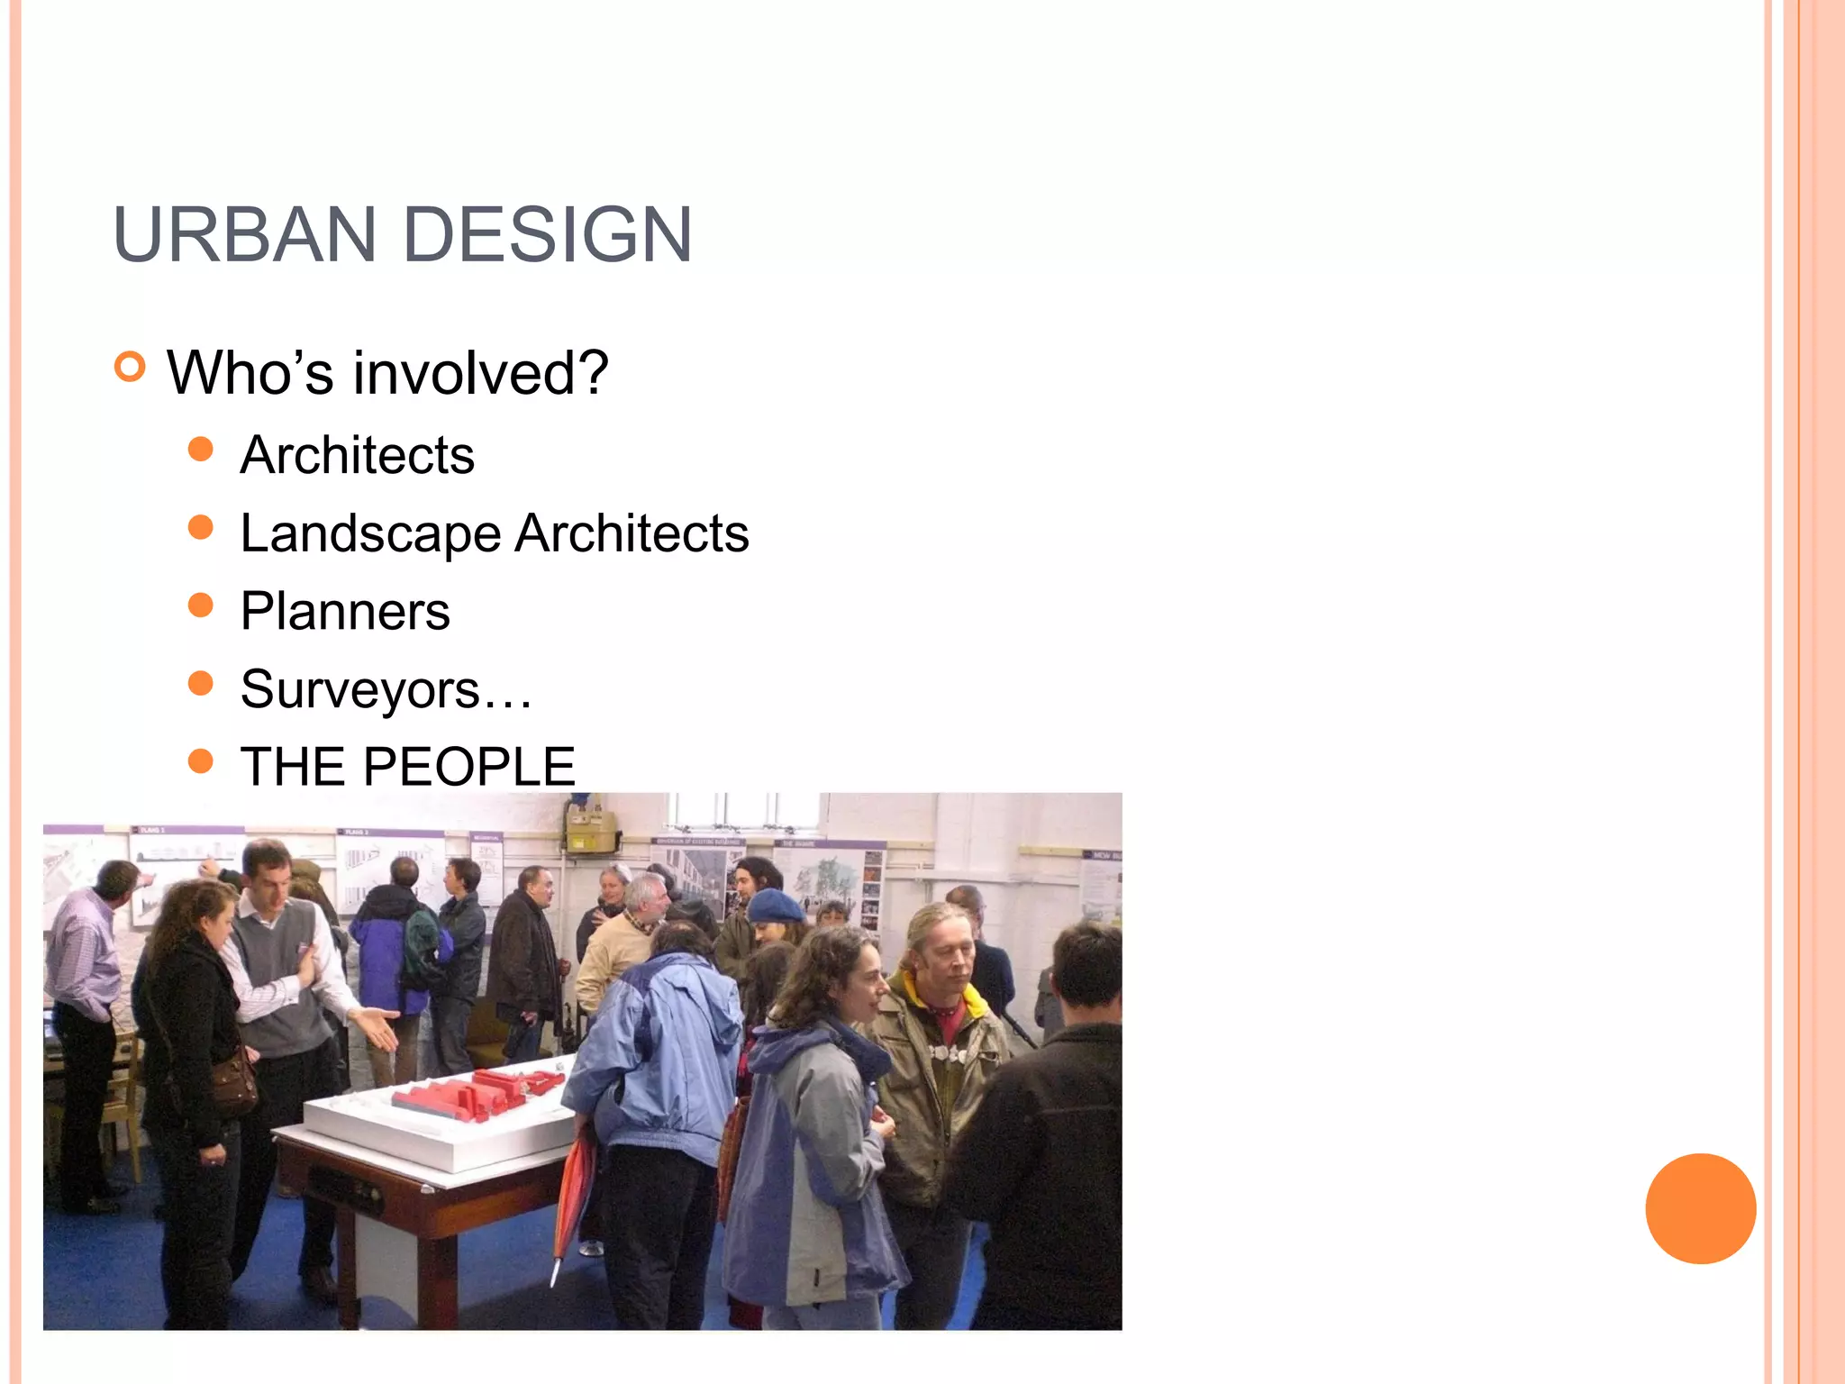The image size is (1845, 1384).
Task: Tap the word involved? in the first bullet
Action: [x=480, y=372]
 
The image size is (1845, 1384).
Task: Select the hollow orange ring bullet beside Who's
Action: [x=131, y=367]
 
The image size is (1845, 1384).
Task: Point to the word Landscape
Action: [x=370, y=533]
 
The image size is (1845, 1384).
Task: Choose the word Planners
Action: [x=345, y=611]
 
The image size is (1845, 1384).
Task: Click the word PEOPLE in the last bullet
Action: [x=469, y=767]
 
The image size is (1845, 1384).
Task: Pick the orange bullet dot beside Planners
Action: [x=201, y=605]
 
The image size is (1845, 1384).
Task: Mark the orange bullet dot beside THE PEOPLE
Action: [x=201, y=761]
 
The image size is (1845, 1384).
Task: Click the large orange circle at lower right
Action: [x=1700, y=1208]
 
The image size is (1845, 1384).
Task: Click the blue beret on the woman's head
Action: [x=776, y=905]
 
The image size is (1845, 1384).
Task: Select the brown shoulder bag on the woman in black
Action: [x=233, y=1085]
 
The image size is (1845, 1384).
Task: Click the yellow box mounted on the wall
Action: [x=590, y=830]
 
